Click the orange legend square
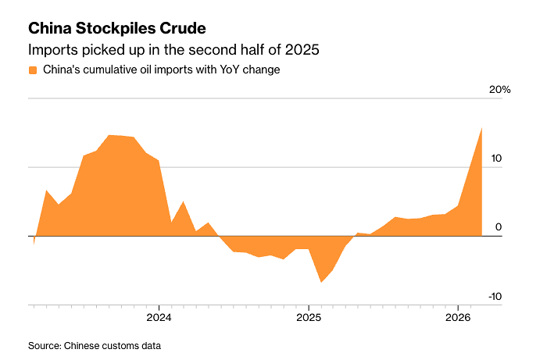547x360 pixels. (x=33, y=70)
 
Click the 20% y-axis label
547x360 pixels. (x=499, y=90)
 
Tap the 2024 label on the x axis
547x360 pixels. (x=159, y=318)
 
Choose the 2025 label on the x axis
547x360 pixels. (x=309, y=318)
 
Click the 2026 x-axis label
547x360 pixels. (x=458, y=318)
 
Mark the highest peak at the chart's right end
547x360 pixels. (x=481, y=128)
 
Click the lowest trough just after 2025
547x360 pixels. (x=321, y=282)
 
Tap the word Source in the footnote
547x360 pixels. (x=44, y=345)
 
